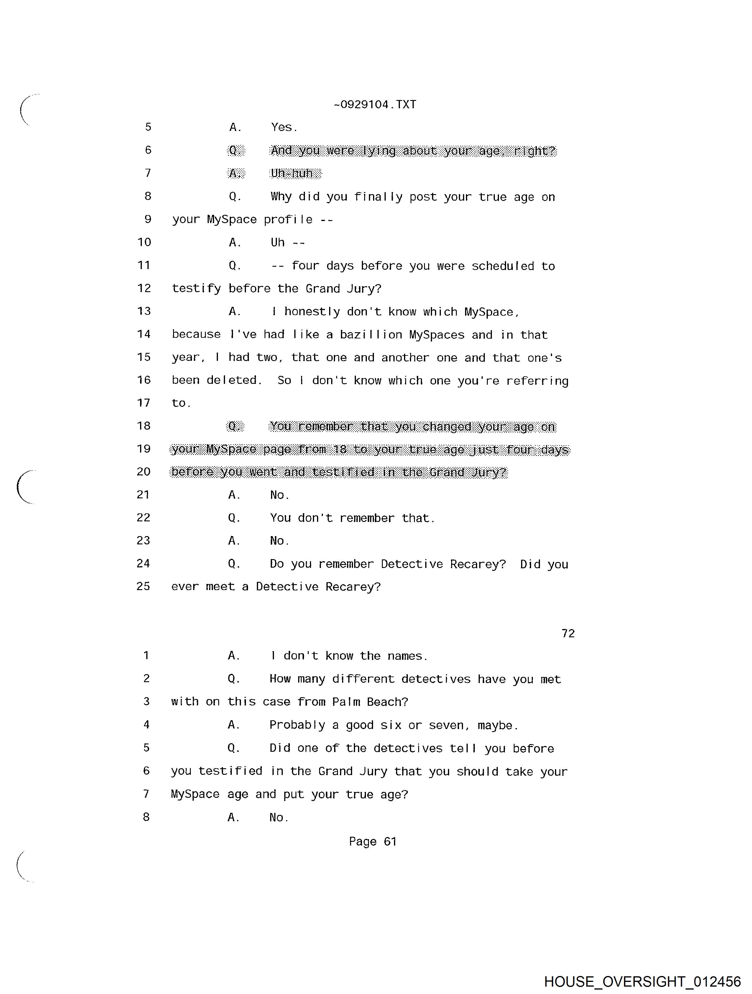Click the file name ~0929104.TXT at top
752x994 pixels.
click(375, 105)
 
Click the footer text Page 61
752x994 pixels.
click(372, 841)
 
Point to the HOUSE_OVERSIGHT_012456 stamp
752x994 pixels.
click(642, 981)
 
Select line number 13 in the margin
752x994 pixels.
click(144, 311)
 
